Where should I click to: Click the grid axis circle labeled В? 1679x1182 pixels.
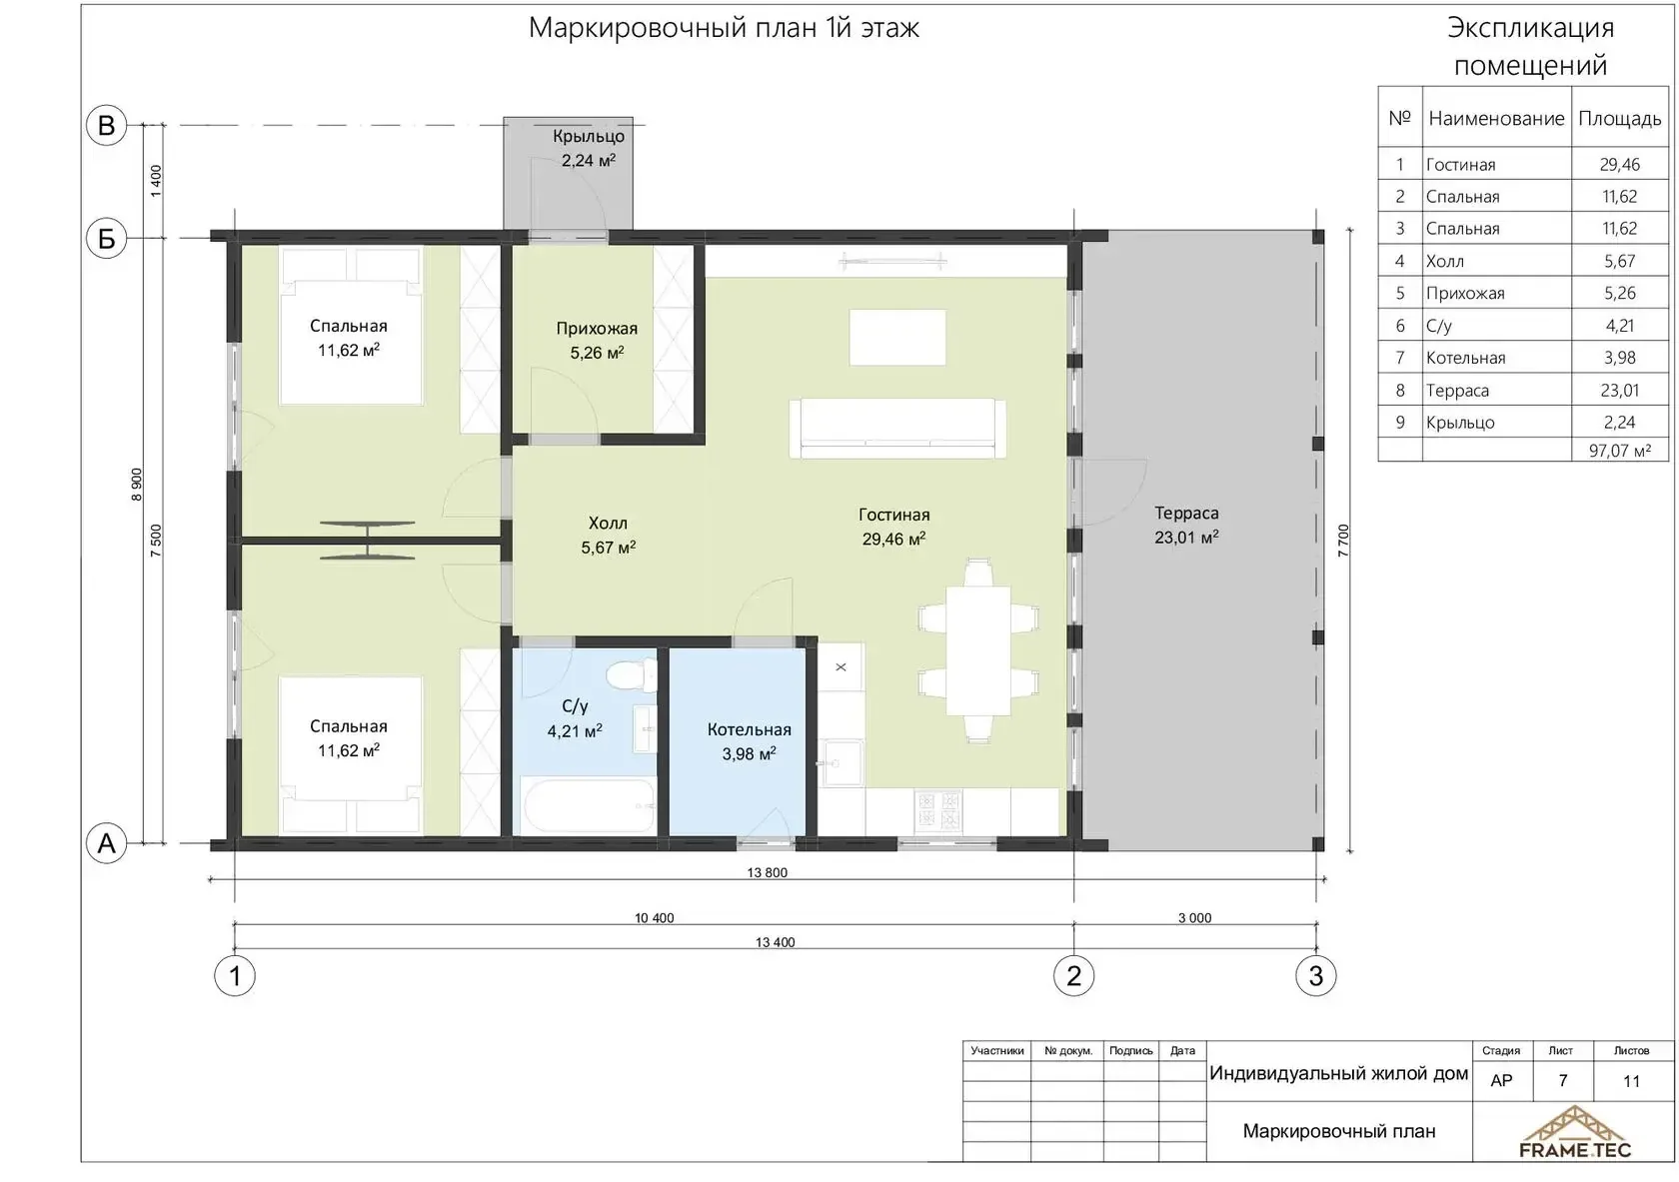pyautogui.click(x=106, y=125)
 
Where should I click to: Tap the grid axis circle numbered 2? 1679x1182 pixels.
pyautogui.click(x=1073, y=976)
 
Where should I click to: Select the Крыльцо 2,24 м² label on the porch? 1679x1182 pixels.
pyautogui.click(x=589, y=148)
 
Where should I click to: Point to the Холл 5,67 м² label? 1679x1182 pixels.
pyautogui.click(x=608, y=536)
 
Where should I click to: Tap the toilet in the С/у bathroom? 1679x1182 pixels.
pyautogui.click(x=630, y=674)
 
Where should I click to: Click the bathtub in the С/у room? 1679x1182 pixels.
pyautogui.click(x=590, y=805)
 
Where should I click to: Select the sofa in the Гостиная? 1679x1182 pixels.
pyautogui.click(x=897, y=428)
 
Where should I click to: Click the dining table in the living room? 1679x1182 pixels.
pyautogui.click(x=978, y=650)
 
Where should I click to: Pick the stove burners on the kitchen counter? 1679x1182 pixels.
pyautogui.click(x=937, y=811)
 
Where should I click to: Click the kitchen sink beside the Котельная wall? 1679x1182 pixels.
pyautogui.click(x=840, y=762)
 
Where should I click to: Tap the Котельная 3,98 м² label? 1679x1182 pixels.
pyautogui.click(x=749, y=742)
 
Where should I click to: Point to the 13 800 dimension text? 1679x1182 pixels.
pyautogui.click(x=767, y=872)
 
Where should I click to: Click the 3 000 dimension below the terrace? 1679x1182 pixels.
pyautogui.click(x=1195, y=918)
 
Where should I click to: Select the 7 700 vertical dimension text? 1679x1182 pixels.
pyautogui.click(x=1343, y=541)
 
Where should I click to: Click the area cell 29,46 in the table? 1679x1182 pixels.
pyautogui.click(x=1619, y=164)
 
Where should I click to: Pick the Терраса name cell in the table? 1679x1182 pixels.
pyautogui.click(x=1457, y=391)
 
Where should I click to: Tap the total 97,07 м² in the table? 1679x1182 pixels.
pyautogui.click(x=1619, y=451)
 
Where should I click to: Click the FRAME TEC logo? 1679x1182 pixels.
pyautogui.click(x=1574, y=1132)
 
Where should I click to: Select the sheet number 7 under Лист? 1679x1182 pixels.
pyautogui.click(x=1562, y=1081)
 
